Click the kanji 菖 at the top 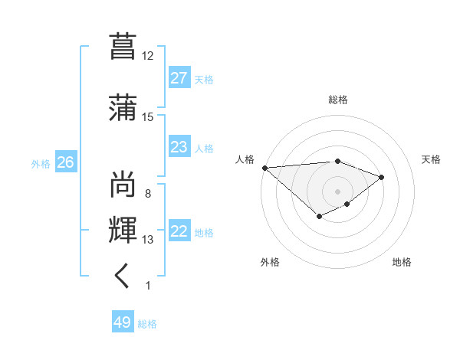[x=123, y=46]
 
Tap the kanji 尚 [x=123, y=184]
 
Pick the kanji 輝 [x=123, y=230]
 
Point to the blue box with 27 [x=179, y=78]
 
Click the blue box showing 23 [x=179, y=147]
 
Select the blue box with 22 [x=179, y=231]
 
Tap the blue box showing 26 [x=65, y=162]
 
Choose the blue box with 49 [x=123, y=322]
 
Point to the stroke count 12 [x=147, y=56]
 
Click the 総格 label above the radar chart [x=337, y=100]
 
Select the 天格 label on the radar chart [x=431, y=159]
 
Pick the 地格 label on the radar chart [x=402, y=262]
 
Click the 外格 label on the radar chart [x=270, y=262]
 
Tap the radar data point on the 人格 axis [x=264, y=168]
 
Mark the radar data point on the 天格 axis [x=381, y=177]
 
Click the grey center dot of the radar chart [x=337, y=191]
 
